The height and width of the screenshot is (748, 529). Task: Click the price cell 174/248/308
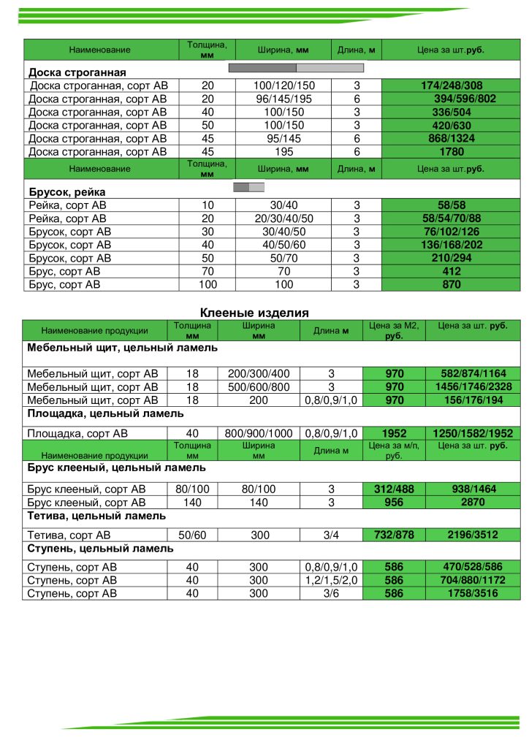coord(452,85)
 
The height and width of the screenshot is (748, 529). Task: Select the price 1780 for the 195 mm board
coord(452,152)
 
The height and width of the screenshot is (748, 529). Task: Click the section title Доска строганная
coord(77,72)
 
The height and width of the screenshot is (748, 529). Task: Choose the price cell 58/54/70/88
coord(452,218)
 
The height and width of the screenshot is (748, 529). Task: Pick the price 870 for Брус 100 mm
coord(452,284)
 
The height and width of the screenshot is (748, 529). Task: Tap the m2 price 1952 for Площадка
coord(394,433)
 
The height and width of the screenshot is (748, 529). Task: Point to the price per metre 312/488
coord(394,489)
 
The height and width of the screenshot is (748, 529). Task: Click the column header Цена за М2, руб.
coord(394,330)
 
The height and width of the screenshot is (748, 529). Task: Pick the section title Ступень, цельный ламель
coord(100,548)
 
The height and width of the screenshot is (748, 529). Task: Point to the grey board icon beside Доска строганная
coord(296,67)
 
